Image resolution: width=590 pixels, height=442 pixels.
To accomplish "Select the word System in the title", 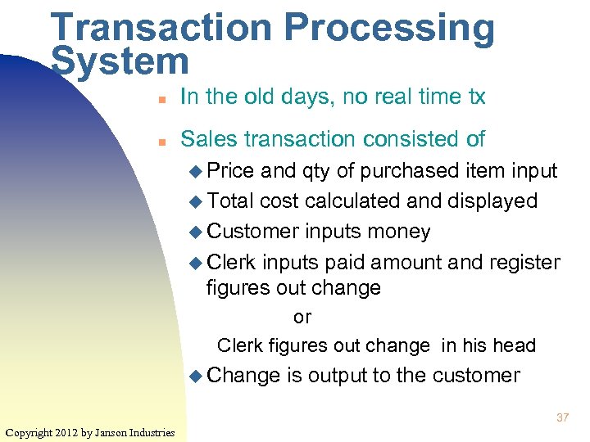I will click(x=120, y=61).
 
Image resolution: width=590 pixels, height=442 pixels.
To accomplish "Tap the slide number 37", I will click(x=562, y=417).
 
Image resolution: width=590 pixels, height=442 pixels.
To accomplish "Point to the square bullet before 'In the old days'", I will click(x=162, y=98).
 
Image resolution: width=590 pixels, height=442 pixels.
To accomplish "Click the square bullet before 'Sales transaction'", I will click(x=162, y=141).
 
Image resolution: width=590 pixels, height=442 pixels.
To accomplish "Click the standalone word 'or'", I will click(x=302, y=318).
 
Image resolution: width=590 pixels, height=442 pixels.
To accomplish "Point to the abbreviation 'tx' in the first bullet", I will click(x=476, y=97).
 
